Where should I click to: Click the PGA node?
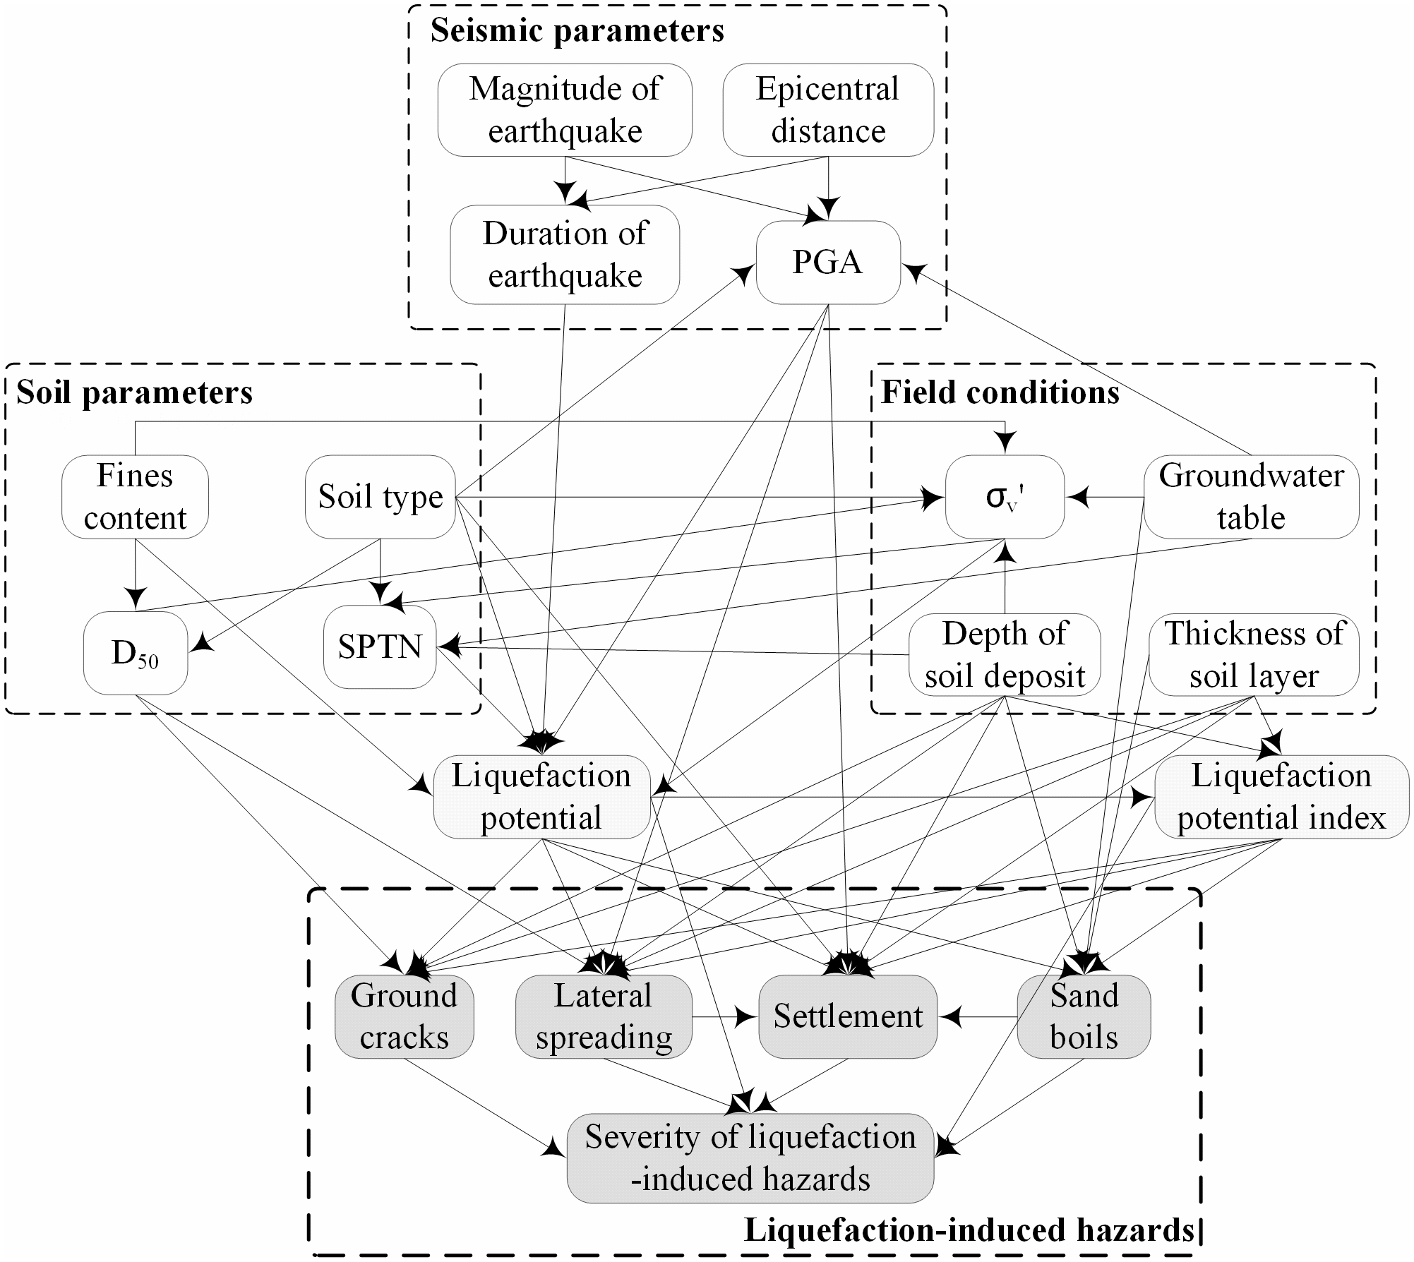click(827, 263)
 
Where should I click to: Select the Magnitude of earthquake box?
click(565, 110)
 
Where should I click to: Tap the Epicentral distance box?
click(828, 110)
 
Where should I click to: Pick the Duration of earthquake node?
click(565, 255)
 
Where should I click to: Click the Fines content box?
click(135, 497)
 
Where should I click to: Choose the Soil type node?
click(381, 497)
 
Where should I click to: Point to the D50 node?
click(136, 654)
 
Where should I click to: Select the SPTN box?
click(380, 647)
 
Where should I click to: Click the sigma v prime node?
click(1005, 497)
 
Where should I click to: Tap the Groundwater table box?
click(1251, 497)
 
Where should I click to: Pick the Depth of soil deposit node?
click(1005, 654)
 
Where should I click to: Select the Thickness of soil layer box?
click(1254, 654)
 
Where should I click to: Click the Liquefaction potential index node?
click(1281, 797)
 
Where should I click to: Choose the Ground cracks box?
click(404, 1016)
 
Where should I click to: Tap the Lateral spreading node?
click(604, 1016)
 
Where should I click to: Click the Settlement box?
click(848, 1016)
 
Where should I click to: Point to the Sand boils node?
click(1084, 1016)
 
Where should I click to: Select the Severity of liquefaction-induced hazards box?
click(750, 1158)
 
